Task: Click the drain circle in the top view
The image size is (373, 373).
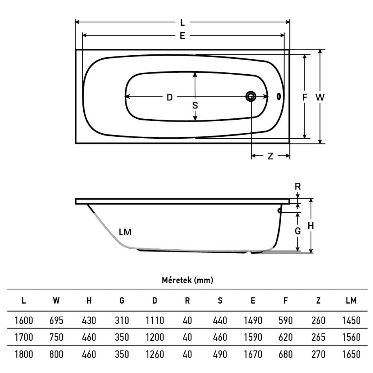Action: tap(251, 96)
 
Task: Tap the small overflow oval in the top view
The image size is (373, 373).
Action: tap(279, 96)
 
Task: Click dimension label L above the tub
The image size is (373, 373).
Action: tap(182, 23)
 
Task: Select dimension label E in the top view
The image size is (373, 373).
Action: tap(182, 36)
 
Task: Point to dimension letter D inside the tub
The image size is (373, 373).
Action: tap(170, 97)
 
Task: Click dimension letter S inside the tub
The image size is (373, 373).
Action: tap(195, 105)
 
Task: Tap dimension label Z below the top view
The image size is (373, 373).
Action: tap(270, 156)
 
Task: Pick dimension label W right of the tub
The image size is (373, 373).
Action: tap(320, 97)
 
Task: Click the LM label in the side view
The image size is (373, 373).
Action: tap(125, 232)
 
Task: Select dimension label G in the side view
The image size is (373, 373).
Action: tap(298, 231)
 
